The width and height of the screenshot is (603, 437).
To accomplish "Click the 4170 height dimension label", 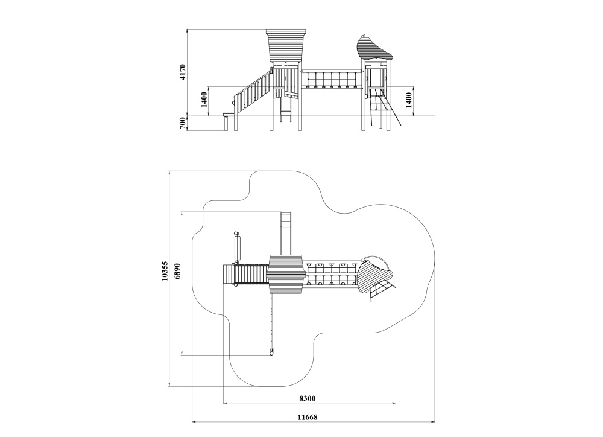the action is point(183,72).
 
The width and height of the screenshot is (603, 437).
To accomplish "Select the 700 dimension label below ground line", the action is point(183,123).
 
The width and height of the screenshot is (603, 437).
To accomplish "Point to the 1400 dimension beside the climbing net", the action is point(408,100).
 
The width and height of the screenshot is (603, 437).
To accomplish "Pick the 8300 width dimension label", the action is point(308,398).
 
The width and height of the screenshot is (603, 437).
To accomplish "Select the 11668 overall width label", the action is point(308,417).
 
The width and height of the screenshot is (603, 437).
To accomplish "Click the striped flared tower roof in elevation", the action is point(286,45).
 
